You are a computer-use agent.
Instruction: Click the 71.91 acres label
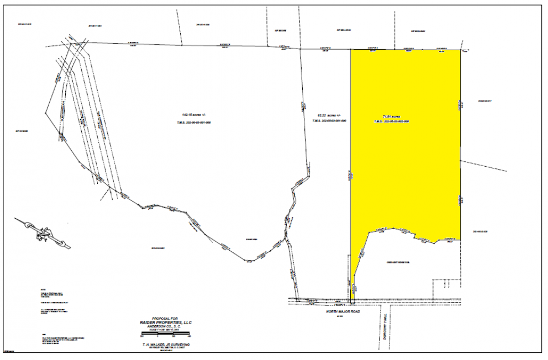pyautogui.click(x=391, y=117)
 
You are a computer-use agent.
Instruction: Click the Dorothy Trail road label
pyautogui.click(x=382, y=325)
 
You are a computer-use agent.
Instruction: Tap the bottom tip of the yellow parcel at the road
pyautogui.click(x=351, y=301)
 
